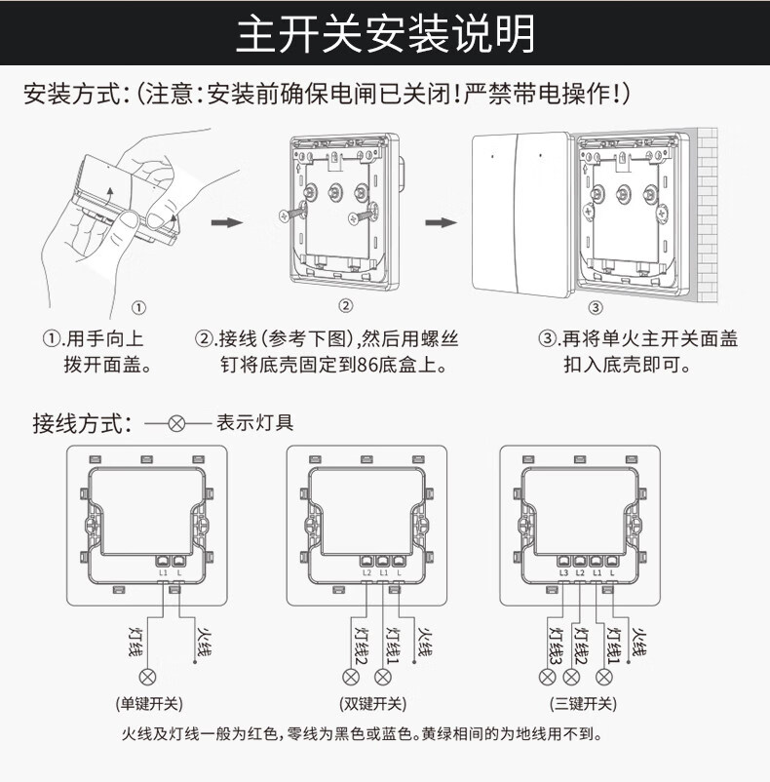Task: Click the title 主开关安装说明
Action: [385, 33]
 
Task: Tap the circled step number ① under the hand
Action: [138, 308]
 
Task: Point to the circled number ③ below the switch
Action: [595, 308]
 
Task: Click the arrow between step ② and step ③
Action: [441, 222]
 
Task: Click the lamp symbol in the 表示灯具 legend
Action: [176, 424]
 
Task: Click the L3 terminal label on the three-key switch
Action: [563, 572]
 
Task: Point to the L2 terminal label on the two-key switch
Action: [367, 572]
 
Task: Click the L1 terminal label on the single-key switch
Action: [163, 572]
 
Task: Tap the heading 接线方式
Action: [80, 424]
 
